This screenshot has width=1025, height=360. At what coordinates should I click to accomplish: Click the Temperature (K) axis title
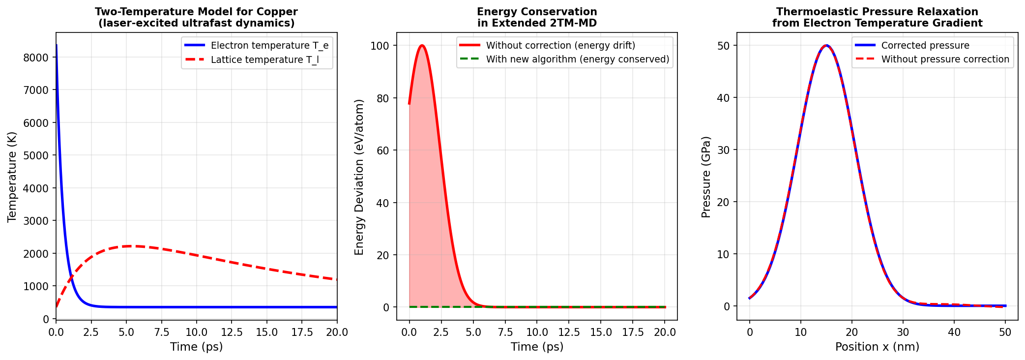12,177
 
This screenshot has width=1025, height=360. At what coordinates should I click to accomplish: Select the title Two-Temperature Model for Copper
196,12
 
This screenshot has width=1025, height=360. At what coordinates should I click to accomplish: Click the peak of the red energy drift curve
422,46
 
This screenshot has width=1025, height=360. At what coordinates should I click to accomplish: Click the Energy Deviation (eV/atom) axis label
359,177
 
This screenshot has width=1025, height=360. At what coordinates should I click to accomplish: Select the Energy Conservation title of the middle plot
537,12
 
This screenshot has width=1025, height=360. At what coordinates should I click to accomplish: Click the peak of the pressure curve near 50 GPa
826,46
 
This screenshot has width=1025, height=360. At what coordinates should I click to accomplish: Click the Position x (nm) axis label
877,347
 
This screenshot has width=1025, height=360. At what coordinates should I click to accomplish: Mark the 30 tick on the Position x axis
903,332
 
